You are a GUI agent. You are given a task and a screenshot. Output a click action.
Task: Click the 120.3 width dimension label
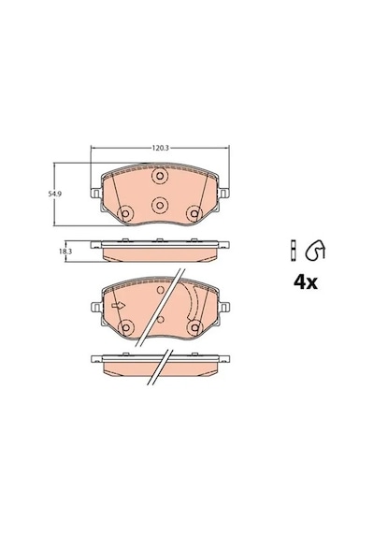pos(160,148)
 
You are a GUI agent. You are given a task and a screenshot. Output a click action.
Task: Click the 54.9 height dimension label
pos(51,194)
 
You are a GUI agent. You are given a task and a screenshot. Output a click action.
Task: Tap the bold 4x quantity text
pos(306,282)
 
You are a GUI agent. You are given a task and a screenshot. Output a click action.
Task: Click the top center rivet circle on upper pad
pos(160,176)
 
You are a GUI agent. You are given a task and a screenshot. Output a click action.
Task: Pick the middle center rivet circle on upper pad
pos(160,205)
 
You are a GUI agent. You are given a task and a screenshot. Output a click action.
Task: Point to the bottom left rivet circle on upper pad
pos(125,213)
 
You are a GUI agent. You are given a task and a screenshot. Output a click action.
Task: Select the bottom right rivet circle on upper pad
pos(194,213)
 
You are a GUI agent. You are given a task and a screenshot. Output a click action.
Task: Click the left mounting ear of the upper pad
pos(95,194)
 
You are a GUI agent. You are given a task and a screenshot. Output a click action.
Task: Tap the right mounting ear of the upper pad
pos(224,194)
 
